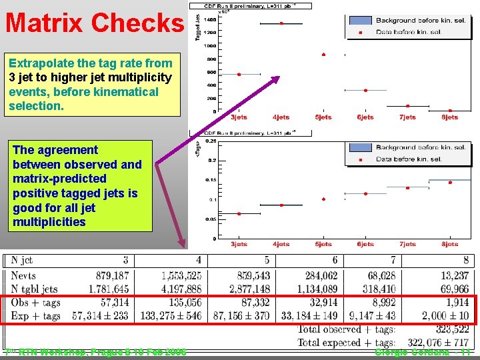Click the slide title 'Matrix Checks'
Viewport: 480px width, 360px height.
pyautogui.click(x=94, y=23)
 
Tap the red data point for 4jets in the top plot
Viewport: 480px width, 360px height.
pyautogui.click(x=281, y=23)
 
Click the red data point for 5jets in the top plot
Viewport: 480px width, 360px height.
pyautogui.click(x=323, y=55)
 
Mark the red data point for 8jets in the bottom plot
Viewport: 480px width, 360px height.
pyautogui.click(x=450, y=182)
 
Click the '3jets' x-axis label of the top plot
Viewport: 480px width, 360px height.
pyautogui.click(x=239, y=117)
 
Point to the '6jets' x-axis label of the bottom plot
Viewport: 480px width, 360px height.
pyautogui.click(x=365, y=244)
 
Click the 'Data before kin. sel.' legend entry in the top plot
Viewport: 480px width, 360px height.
pyautogui.click(x=420, y=31)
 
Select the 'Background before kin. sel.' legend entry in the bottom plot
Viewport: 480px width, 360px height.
pyautogui.click(x=420, y=147)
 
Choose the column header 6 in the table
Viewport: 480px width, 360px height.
pyautogui.click(x=335, y=260)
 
